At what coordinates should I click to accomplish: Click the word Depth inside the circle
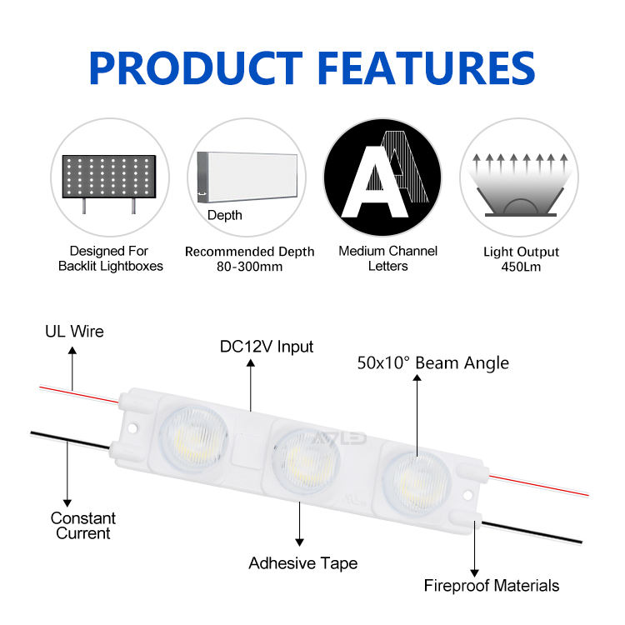pos(225,216)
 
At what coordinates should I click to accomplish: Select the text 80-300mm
pos(250,267)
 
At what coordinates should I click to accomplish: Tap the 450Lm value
pos(521,267)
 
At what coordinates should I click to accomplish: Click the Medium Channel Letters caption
pos(387,258)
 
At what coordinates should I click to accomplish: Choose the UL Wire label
pos(74,332)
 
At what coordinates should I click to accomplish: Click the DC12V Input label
pos(267,346)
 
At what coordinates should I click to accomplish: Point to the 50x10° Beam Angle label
pos(432,362)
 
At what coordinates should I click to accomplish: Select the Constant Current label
pos(82,526)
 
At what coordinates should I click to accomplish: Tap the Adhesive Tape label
pos(302,563)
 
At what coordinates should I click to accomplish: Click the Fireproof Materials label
pos(491,585)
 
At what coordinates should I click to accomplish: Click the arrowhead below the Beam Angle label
pos(417,380)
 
